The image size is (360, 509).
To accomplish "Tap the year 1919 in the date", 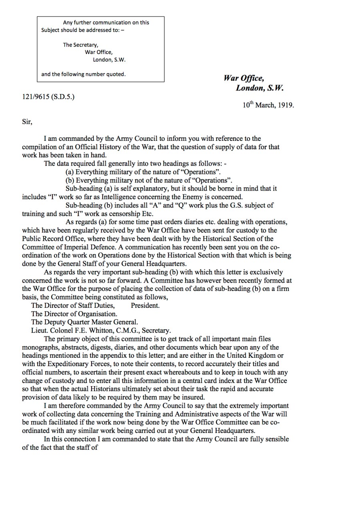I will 286,106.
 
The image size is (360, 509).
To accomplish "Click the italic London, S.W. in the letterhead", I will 260,88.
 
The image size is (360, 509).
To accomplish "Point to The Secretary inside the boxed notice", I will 80,45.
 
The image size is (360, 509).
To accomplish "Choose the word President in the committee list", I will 145,305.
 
